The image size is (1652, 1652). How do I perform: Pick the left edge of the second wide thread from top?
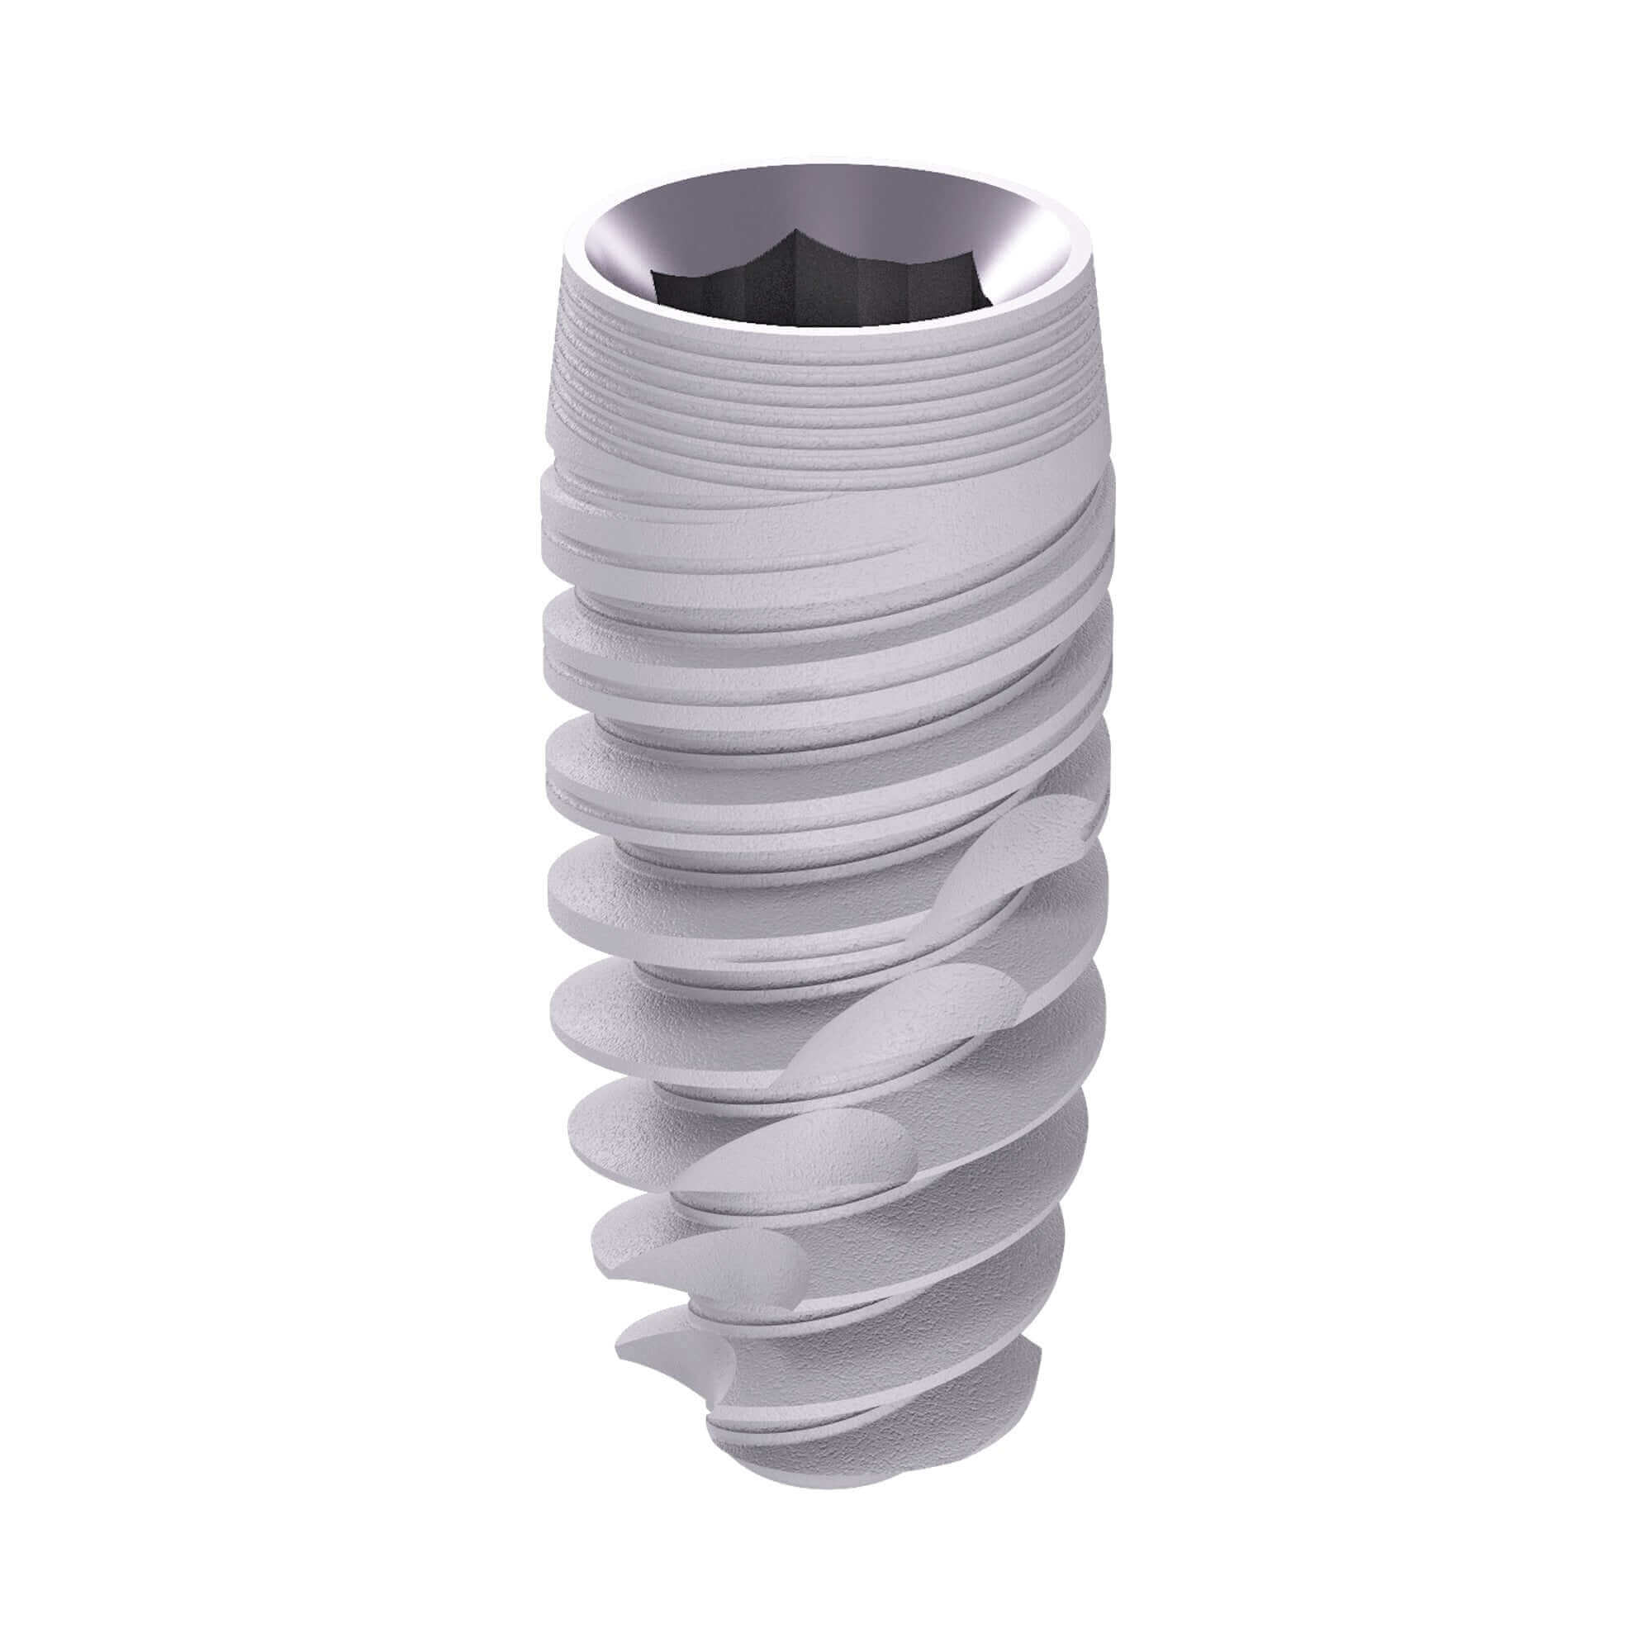(x=552, y=624)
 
